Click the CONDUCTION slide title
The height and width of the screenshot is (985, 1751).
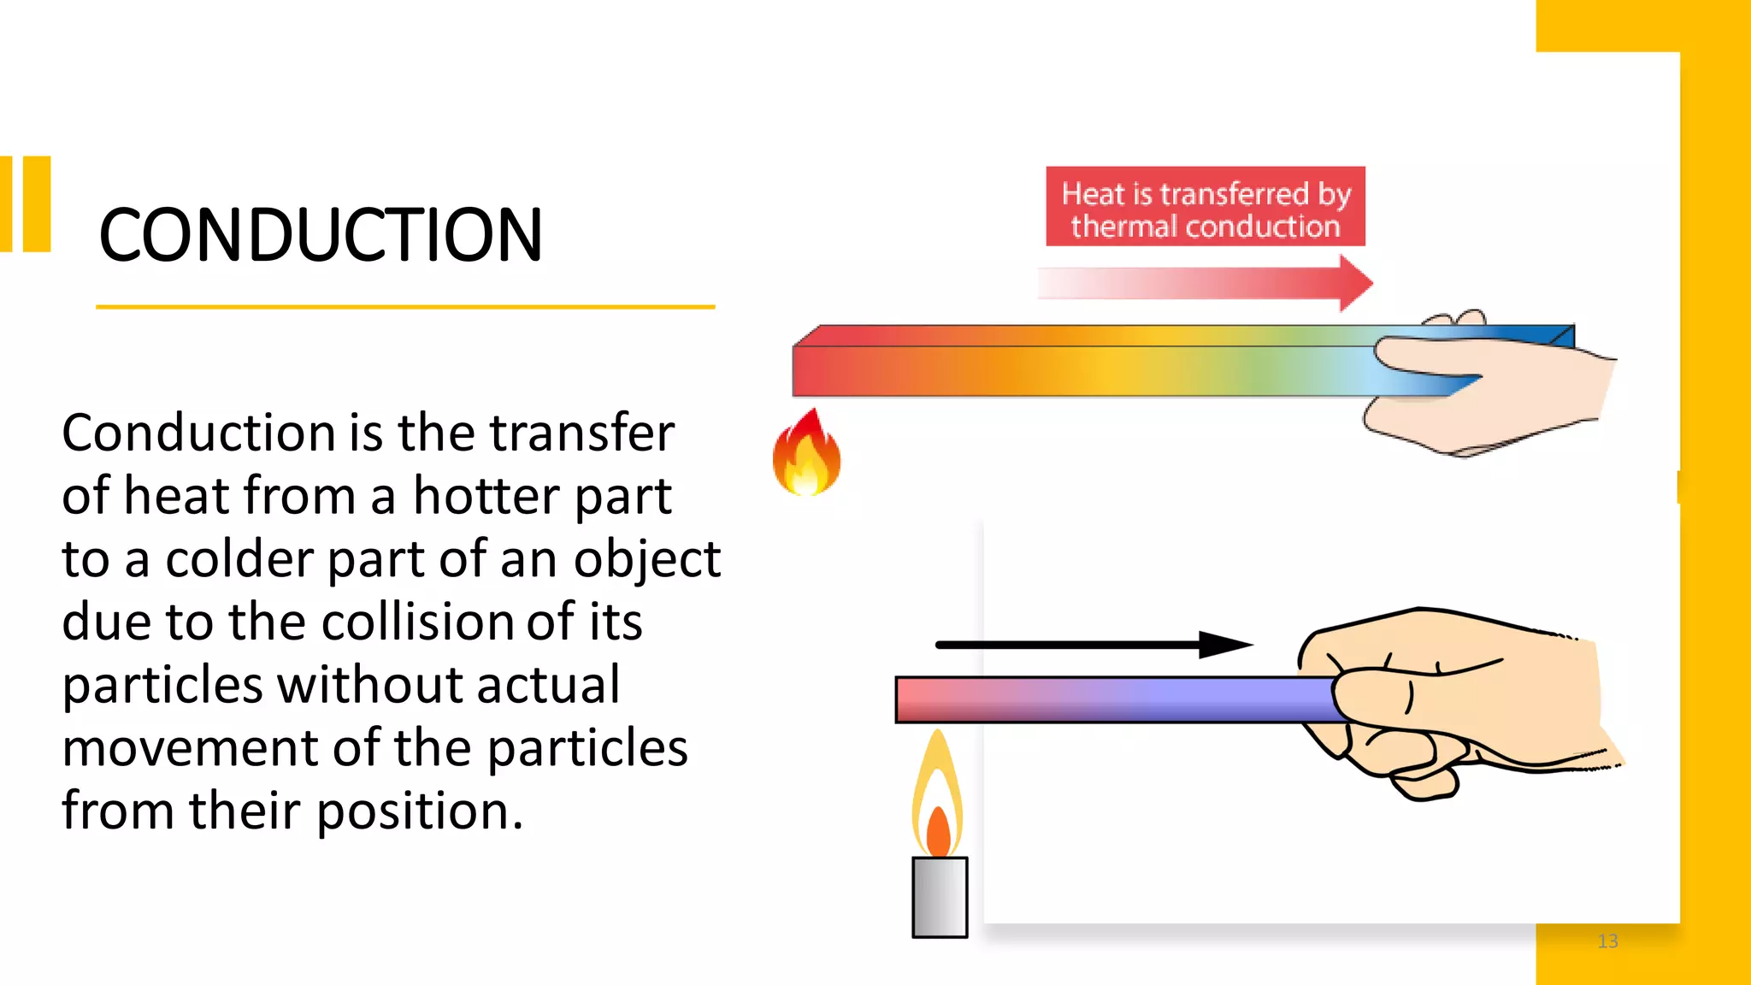(321, 235)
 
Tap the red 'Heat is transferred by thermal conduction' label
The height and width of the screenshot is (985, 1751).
(1205, 207)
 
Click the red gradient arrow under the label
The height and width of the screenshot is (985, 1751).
(1206, 283)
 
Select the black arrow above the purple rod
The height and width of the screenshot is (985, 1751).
(1094, 645)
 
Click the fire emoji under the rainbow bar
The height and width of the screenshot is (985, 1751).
(806, 454)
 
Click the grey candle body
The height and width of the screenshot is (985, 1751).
(940, 898)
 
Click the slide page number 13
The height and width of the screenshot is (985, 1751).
(1607, 941)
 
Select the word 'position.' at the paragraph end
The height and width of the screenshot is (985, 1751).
(419, 811)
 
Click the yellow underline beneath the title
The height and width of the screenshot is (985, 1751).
(405, 306)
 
